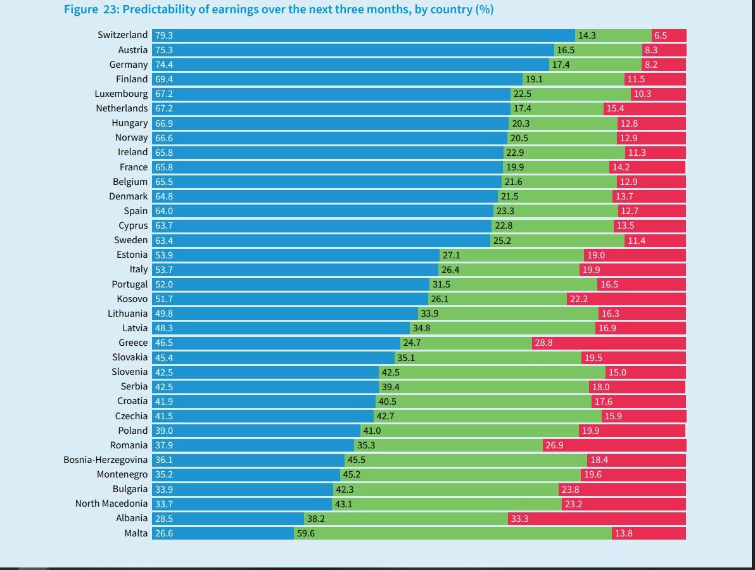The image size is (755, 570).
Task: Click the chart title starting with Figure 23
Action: click(279, 9)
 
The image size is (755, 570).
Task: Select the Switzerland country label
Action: click(123, 35)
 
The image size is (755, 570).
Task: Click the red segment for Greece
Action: click(608, 343)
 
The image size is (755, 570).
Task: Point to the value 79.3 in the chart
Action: click(164, 35)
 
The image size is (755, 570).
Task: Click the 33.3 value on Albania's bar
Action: click(519, 519)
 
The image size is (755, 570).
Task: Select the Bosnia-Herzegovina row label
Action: click(106, 460)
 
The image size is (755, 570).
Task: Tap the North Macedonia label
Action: click(111, 503)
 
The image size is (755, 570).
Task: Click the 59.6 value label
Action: click(306, 533)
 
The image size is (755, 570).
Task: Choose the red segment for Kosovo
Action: click(626, 299)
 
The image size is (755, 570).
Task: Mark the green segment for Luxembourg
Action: click(570, 94)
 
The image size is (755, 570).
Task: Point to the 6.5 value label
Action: click(661, 35)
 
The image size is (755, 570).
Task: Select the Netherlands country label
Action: click(122, 108)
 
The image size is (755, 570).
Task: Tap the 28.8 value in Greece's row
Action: click(543, 343)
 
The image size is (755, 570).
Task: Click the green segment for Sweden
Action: click(556, 240)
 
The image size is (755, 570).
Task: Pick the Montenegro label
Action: click(122, 474)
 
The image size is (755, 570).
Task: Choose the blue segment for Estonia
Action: click(296, 255)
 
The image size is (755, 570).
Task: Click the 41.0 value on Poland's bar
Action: click(372, 431)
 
